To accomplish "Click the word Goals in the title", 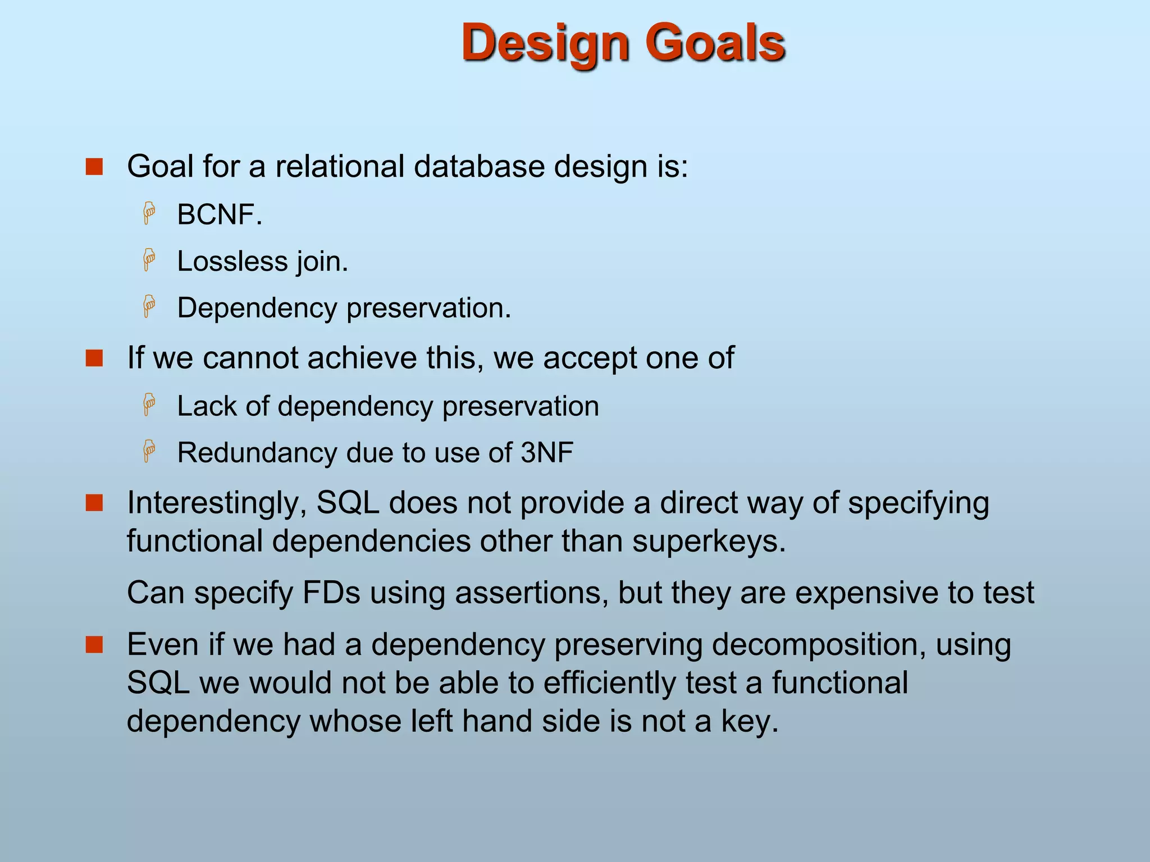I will point(714,44).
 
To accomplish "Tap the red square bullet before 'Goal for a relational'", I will point(94,167).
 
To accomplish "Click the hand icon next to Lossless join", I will point(149,260).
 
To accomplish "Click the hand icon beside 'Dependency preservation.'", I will point(149,307).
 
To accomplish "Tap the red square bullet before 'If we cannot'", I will point(94,358).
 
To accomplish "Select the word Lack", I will point(206,406).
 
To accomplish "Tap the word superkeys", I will point(709,542).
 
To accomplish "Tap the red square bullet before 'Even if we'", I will point(94,645).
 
